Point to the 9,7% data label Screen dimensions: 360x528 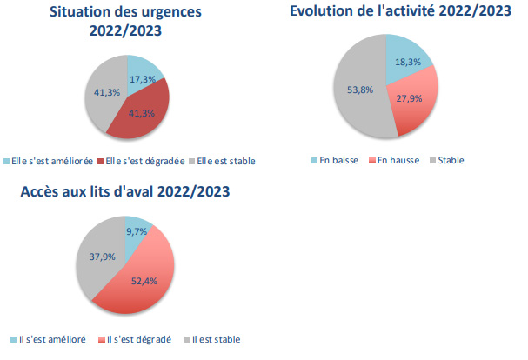point(136,232)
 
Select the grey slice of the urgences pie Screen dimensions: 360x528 point(103,96)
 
